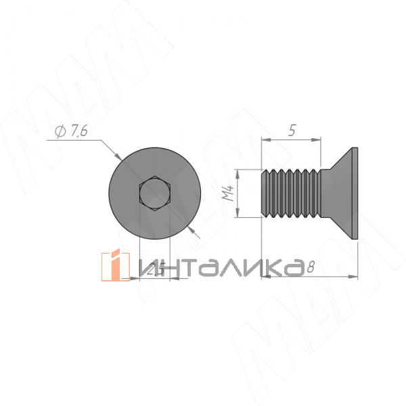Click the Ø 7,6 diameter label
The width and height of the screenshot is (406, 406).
(x=69, y=132)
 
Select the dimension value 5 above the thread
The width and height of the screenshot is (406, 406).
(x=291, y=131)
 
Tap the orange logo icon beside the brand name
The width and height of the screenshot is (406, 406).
(x=115, y=266)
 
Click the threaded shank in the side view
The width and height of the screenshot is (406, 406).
(x=290, y=193)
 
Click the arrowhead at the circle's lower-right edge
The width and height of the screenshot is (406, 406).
(x=194, y=230)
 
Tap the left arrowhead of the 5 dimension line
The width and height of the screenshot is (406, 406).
(x=265, y=140)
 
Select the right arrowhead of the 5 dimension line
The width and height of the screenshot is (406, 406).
(x=317, y=140)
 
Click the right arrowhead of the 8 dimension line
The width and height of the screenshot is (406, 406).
(x=355, y=275)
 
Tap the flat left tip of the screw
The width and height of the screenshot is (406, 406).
(x=261, y=193)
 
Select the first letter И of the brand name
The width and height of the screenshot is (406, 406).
(x=147, y=267)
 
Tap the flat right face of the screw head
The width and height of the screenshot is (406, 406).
(x=356, y=193)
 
